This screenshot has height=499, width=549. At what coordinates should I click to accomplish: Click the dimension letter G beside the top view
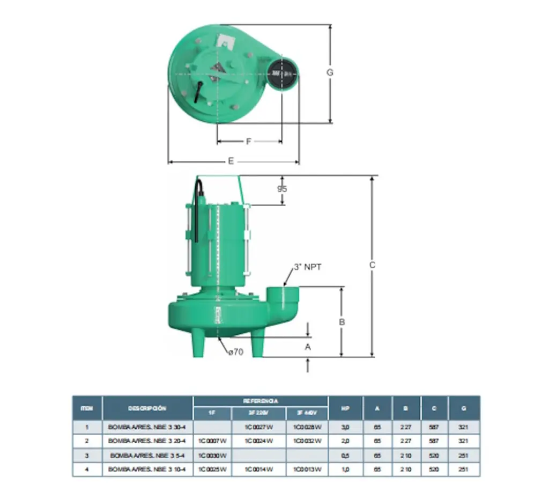(x=330, y=72)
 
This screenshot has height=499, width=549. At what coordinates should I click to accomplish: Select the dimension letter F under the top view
(x=248, y=142)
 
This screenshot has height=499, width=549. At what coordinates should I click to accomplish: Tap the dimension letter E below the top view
(x=231, y=162)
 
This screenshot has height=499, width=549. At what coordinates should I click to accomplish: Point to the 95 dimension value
(x=282, y=189)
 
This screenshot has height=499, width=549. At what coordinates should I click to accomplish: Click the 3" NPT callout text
(x=307, y=267)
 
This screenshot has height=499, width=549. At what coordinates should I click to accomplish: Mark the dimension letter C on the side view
(x=373, y=265)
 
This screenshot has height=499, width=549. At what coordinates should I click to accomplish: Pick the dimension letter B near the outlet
(x=342, y=322)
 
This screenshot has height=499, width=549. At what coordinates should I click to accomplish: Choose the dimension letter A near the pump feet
(x=308, y=347)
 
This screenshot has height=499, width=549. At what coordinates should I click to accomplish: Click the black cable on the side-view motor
(x=197, y=215)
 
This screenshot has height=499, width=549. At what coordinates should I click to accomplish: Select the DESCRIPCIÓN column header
(x=147, y=408)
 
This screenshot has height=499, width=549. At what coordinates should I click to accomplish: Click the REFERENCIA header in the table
(x=261, y=401)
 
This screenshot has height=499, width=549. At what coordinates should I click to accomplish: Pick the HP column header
(x=345, y=408)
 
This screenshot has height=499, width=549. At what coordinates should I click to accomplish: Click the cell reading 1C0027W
(x=259, y=427)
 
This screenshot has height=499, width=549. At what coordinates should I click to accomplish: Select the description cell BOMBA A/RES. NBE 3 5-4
(x=147, y=456)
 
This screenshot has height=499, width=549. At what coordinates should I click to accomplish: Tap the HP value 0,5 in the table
(x=345, y=456)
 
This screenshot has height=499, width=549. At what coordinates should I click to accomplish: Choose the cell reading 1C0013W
(x=307, y=469)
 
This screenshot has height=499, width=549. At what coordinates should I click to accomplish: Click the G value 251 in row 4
(x=464, y=469)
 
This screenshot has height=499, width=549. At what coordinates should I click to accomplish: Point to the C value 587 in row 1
(x=434, y=427)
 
